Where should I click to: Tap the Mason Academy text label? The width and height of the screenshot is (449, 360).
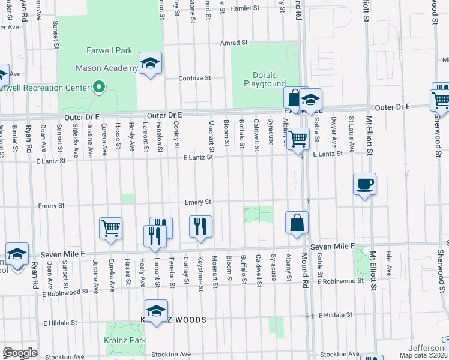click(106, 68)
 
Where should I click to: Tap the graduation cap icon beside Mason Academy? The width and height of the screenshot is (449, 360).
click(150, 63)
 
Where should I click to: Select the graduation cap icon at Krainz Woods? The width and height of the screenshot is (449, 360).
click(156, 311)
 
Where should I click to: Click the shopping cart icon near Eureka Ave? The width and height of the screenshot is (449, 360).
click(110, 228)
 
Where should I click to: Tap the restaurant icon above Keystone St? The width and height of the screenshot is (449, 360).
click(200, 226)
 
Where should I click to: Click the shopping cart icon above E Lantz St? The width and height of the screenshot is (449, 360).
click(298, 139)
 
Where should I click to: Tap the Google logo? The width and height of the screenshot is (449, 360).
click(20, 353)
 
